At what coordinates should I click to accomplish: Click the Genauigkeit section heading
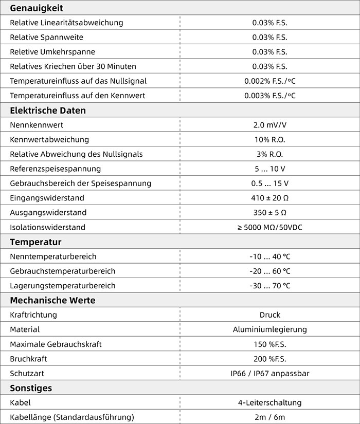coord(36,8)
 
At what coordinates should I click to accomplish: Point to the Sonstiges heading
coord(31,388)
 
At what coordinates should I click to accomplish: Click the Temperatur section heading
coord(35,242)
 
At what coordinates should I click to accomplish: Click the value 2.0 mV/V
coord(269,125)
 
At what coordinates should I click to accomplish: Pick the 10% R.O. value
coord(269,139)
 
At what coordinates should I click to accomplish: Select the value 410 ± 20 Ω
coord(269,198)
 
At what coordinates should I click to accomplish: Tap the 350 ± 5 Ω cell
coord(269,212)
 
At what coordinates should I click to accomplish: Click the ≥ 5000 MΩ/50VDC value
coord(269,227)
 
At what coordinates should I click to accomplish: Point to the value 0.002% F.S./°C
coord(269,81)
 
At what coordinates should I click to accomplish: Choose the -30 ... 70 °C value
coord(269,286)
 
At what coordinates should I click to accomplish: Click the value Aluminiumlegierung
coord(269,329)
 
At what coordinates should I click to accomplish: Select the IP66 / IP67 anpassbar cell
coord(269,374)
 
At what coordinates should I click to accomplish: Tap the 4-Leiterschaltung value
coord(269,403)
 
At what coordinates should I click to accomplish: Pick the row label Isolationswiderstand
coord(47,227)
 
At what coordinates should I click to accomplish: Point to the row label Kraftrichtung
coord(33,315)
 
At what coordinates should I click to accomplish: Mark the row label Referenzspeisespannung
coord(55,169)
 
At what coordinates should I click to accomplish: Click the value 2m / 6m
coord(269,417)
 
